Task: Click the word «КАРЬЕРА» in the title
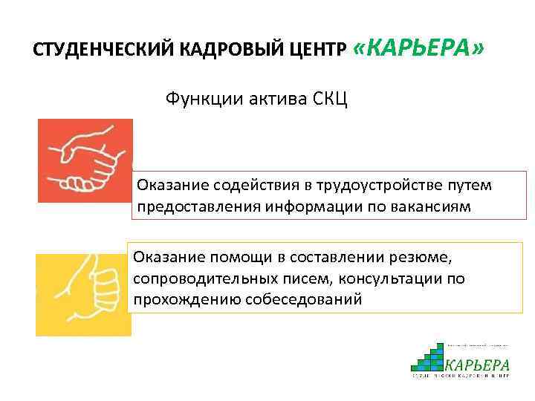[419, 48]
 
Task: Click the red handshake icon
[85, 160]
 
